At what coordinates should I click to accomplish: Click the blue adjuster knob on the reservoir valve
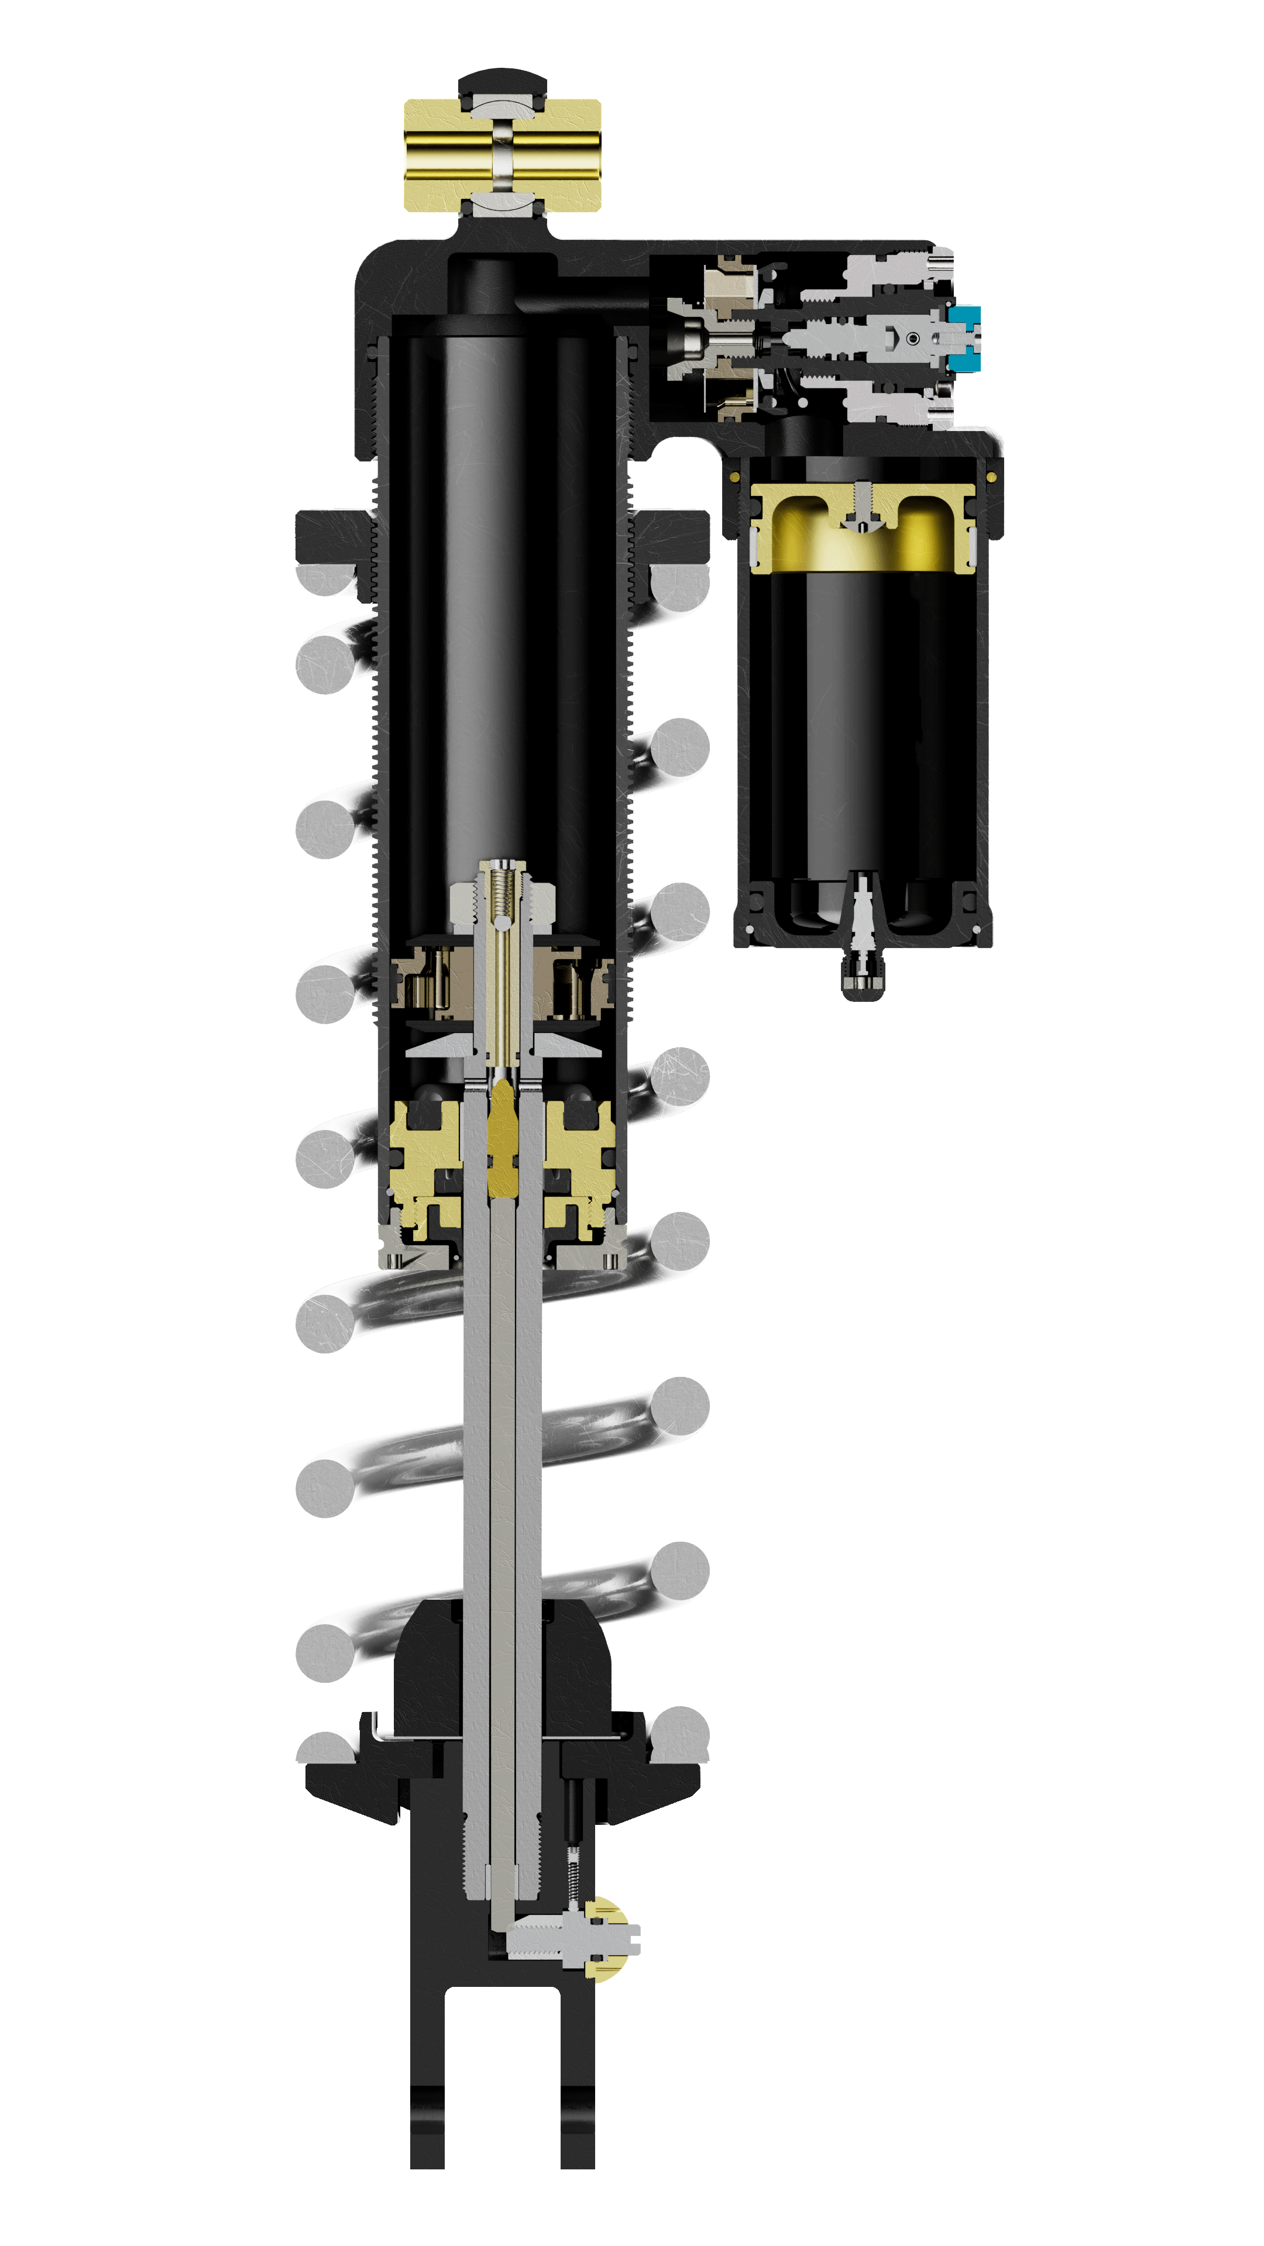(x=965, y=338)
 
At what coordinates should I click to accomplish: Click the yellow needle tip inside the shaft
(x=503, y=1134)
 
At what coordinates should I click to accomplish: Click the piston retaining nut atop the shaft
(x=503, y=903)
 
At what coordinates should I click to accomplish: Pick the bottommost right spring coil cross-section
(x=681, y=1733)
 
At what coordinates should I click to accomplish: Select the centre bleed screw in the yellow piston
(x=862, y=508)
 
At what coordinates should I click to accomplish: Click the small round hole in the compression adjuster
(x=912, y=338)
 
